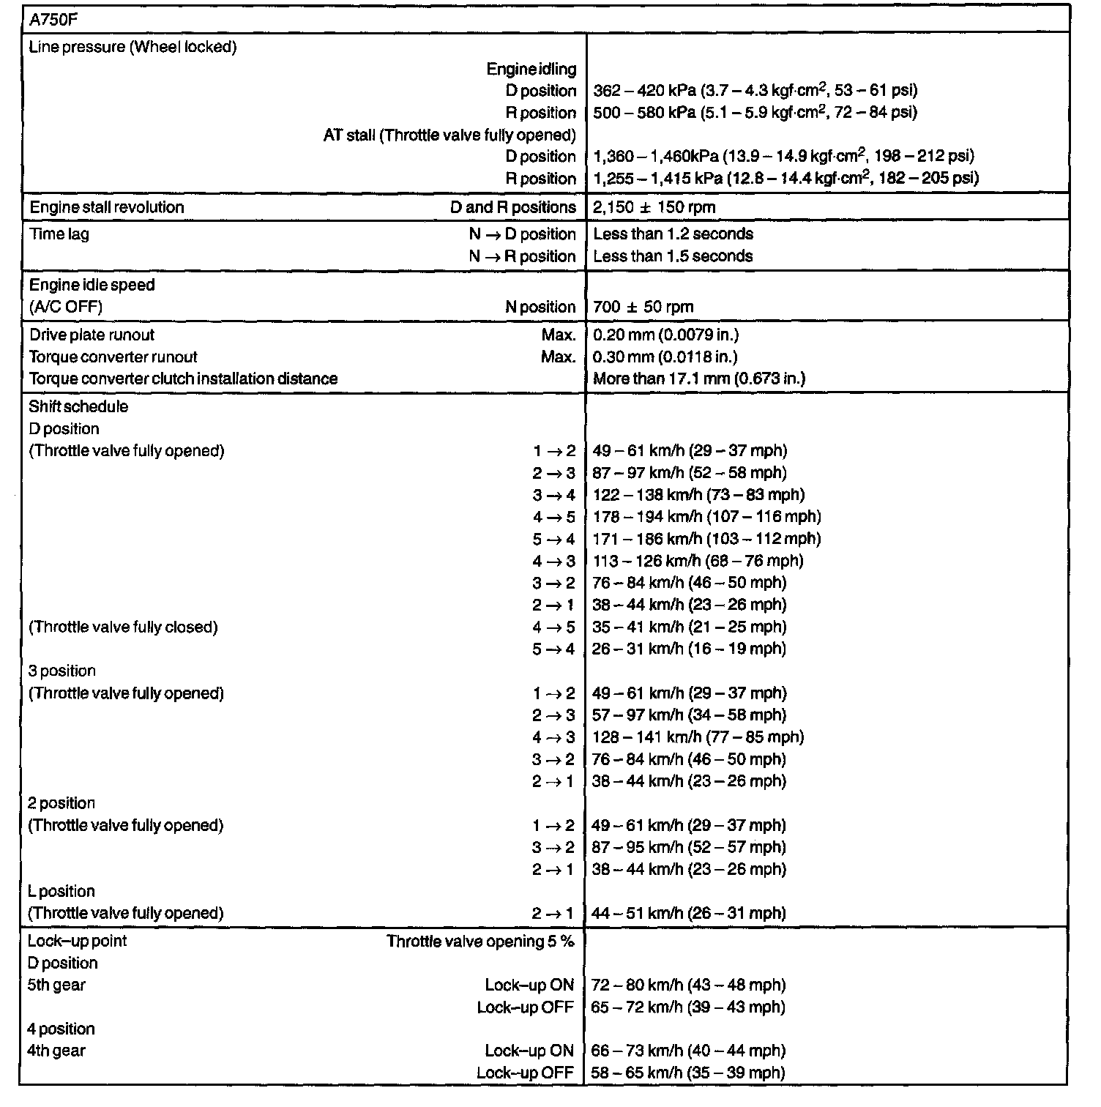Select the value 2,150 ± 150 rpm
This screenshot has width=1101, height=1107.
click(x=654, y=207)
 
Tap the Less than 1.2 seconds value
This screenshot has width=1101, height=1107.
click(x=673, y=234)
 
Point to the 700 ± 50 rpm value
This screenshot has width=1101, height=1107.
click(x=643, y=307)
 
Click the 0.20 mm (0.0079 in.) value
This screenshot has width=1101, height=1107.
click(x=665, y=335)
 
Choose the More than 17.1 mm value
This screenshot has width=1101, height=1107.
click(x=699, y=379)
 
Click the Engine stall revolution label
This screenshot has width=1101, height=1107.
click(x=107, y=207)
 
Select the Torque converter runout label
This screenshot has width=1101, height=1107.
click(x=113, y=357)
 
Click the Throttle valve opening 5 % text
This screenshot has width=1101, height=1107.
click(x=480, y=942)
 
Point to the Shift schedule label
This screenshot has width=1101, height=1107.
click(x=78, y=407)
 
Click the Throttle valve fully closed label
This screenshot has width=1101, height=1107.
click(x=123, y=627)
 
